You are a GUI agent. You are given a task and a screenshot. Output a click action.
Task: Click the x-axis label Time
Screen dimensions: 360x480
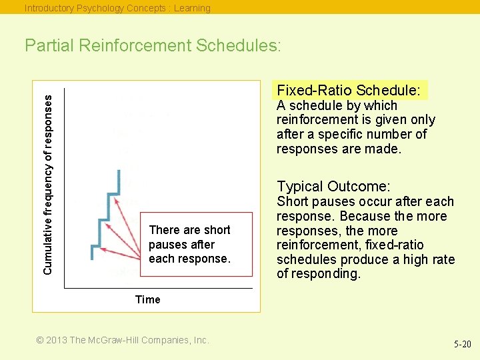(147, 299)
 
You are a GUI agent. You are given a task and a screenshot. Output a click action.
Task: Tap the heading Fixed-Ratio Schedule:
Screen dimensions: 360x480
(349, 90)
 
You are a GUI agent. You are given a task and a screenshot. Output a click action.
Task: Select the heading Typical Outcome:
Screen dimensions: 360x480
(333, 187)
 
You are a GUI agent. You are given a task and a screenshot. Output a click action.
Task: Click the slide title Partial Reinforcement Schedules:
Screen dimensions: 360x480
(153, 46)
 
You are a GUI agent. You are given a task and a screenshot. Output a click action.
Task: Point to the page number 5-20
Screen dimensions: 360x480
(462, 344)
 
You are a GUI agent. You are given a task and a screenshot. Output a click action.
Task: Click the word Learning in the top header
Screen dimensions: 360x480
(192, 8)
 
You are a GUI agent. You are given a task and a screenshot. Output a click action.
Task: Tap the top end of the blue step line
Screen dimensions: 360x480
(119, 171)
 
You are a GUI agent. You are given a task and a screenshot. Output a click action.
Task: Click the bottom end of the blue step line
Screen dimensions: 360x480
(93, 259)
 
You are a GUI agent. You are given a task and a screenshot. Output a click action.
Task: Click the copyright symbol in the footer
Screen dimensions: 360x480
(40, 340)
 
